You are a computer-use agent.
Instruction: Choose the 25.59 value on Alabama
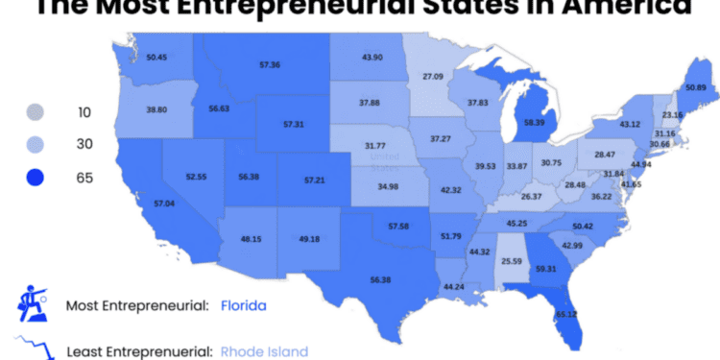point(510,260)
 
